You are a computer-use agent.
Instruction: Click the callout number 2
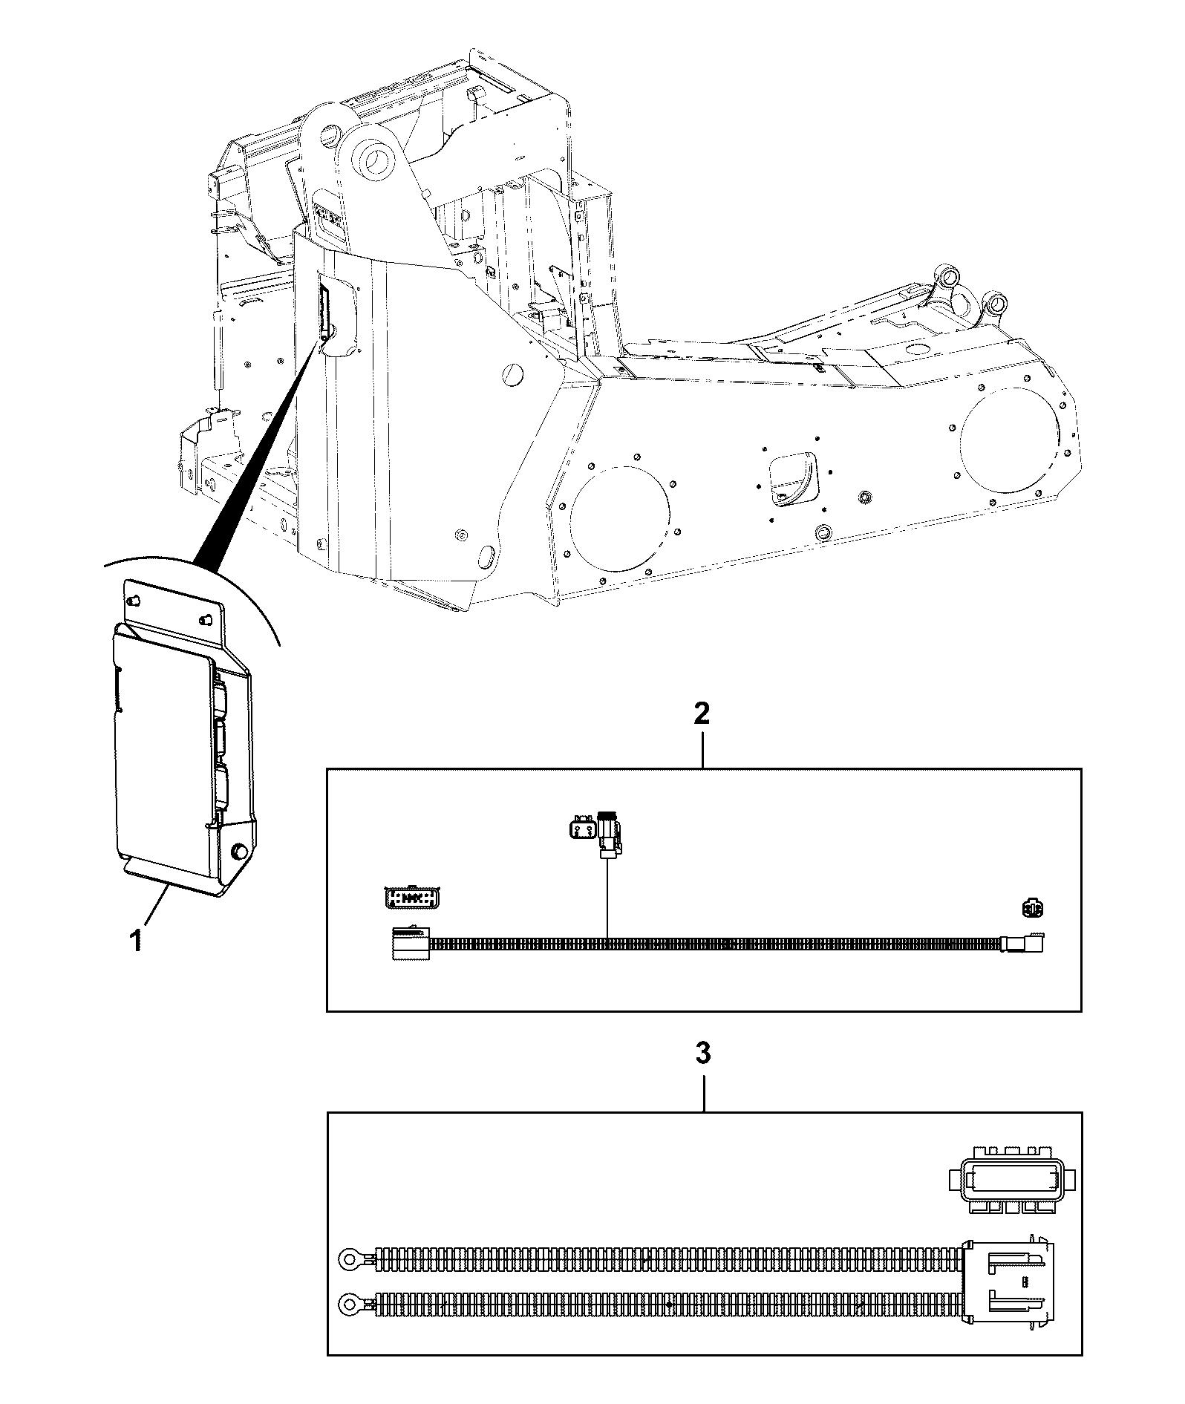(701, 714)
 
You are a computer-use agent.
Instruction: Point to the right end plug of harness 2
(1024, 943)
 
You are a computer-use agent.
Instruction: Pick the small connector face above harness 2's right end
(1033, 907)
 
